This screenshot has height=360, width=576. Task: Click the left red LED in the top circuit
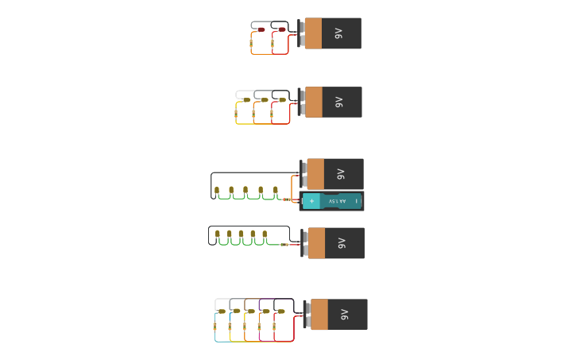tap(261, 29)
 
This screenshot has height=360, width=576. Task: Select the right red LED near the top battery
tap(282, 29)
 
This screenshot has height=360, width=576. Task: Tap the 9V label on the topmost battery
tap(338, 33)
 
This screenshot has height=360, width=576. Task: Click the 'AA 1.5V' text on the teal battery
tap(337, 201)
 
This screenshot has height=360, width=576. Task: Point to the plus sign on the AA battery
tap(312, 201)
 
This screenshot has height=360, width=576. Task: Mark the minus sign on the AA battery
tap(357, 201)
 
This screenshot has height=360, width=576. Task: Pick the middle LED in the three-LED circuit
tap(265, 99)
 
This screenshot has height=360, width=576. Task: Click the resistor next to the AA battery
tap(287, 199)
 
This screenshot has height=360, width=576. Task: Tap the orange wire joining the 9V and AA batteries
tap(292, 188)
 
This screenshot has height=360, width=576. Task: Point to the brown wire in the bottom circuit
tap(250, 300)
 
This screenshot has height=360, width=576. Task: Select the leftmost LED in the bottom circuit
tap(222, 312)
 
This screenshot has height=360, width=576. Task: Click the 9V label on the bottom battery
tap(344, 315)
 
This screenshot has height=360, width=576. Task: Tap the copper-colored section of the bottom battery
tap(319, 315)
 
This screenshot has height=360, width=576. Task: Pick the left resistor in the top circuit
tap(251, 44)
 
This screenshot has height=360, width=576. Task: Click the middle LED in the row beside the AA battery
tap(245, 190)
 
